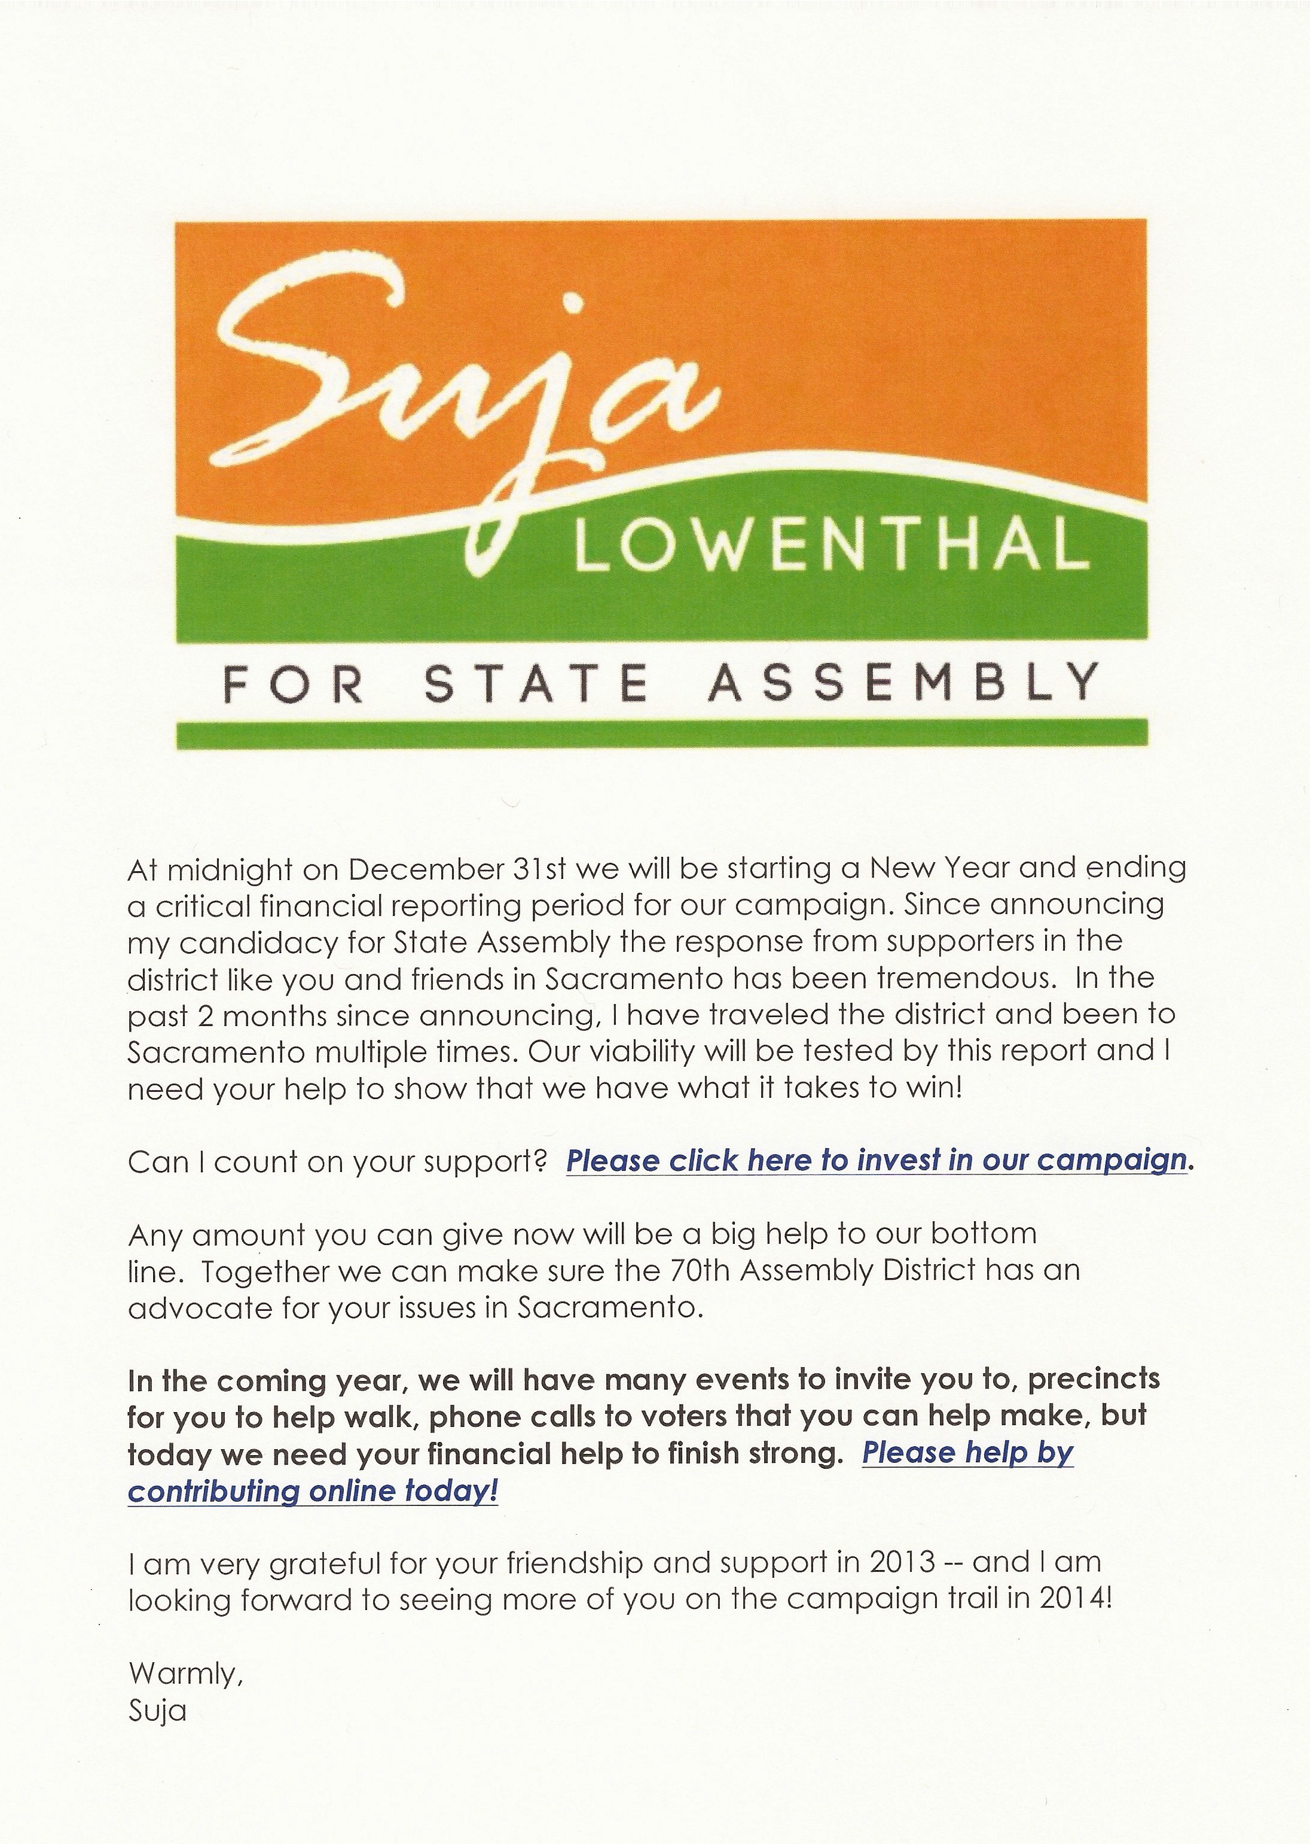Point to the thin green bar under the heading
click(661, 733)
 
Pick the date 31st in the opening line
click(538, 868)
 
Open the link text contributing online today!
click(313, 1490)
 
